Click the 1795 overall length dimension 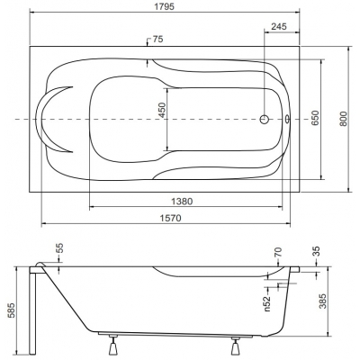pyautogui.click(x=165, y=6)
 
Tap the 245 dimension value pyautogui.click(x=279, y=26)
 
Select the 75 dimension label pyautogui.click(x=157, y=40)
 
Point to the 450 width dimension pyautogui.click(x=162, y=110)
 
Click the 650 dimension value pyautogui.click(x=315, y=118)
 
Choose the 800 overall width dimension pyautogui.click(x=344, y=119)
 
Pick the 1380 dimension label pyautogui.click(x=182, y=202)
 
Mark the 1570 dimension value pyautogui.click(x=171, y=218)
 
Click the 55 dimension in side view pyautogui.click(x=60, y=248)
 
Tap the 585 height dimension pyautogui.click(x=11, y=311)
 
